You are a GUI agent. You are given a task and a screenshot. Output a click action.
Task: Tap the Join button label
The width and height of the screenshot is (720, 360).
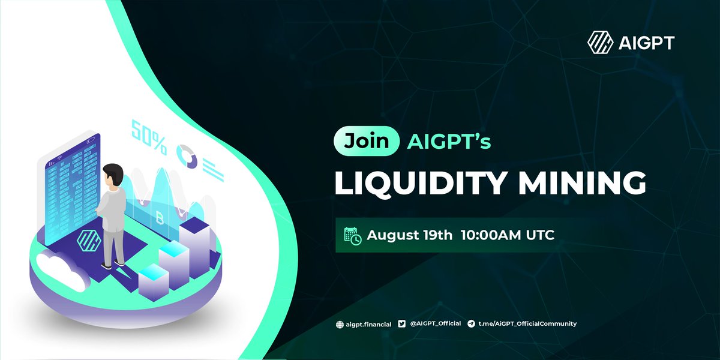click(367, 142)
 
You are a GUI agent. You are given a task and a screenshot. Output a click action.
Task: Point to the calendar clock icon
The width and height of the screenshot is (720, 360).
click(352, 236)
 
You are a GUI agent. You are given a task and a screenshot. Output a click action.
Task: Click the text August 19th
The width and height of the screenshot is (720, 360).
click(410, 235)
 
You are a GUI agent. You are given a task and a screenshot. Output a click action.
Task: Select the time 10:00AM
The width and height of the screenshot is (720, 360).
click(494, 235)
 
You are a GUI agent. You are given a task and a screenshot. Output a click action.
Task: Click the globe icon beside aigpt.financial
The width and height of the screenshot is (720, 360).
click(340, 325)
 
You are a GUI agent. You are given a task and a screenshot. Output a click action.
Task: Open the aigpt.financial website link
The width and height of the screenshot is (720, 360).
click(369, 325)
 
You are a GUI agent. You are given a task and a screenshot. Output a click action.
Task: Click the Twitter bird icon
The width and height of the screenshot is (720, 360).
click(403, 324)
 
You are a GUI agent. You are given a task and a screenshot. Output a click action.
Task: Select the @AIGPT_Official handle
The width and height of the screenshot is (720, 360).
click(435, 324)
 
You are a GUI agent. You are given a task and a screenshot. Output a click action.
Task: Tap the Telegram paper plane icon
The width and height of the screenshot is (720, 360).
click(472, 324)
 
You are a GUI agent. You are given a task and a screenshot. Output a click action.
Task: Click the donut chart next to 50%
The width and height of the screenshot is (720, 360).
click(187, 155)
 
